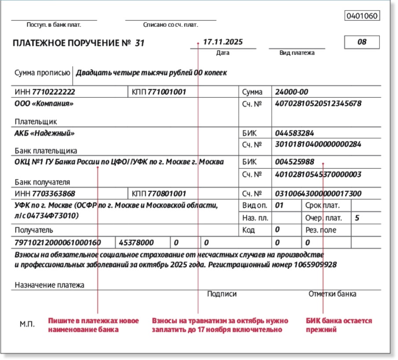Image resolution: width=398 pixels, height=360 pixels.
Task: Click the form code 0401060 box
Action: [x=362, y=16]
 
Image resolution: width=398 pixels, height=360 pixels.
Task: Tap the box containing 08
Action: [x=362, y=43]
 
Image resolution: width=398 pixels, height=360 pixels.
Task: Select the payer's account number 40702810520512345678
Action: [x=318, y=104]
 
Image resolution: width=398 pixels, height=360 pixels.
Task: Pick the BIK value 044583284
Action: [x=294, y=133]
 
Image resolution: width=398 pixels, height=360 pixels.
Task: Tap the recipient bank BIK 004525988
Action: [x=294, y=162]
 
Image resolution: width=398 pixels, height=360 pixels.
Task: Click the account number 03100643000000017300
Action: [x=318, y=194]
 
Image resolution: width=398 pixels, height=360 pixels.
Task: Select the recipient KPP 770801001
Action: [x=167, y=194]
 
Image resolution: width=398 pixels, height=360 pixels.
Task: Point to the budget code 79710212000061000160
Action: [x=58, y=242]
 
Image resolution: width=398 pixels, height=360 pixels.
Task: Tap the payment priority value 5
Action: [x=357, y=217]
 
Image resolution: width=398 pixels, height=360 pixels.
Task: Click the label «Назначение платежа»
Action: [x=49, y=285]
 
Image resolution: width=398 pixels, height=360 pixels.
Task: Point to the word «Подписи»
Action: [x=222, y=294]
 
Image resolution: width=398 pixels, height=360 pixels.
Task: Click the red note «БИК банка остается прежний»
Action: [x=339, y=325]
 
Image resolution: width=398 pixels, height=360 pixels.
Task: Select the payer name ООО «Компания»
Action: [x=44, y=104]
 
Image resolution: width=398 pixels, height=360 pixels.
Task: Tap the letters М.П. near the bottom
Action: [x=28, y=324]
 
